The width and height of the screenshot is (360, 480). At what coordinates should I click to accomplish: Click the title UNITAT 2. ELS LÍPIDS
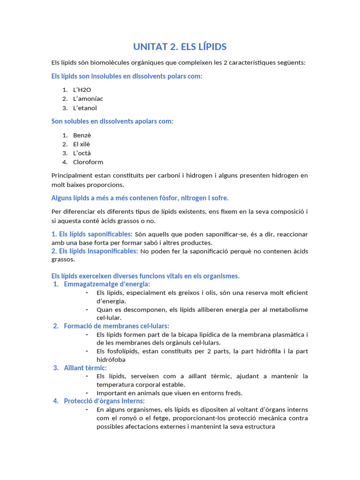(180, 46)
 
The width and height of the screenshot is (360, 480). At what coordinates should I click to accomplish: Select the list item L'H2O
(82, 90)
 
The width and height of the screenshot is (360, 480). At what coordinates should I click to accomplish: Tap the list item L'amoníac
(88, 98)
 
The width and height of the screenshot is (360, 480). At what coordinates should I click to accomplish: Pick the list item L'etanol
(85, 108)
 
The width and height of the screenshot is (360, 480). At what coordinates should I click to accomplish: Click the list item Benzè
(82, 135)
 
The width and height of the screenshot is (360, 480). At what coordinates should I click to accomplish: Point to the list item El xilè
(82, 144)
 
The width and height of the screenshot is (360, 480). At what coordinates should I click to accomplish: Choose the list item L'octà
(82, 153)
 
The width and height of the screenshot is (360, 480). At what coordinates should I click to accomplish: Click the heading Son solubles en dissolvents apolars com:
(112, 121)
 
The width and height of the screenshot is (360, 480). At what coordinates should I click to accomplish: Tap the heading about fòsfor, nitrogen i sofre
(140, 198)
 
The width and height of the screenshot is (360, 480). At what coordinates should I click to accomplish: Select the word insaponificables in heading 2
(116, 251)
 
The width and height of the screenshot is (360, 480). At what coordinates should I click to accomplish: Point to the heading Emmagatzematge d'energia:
(107, 284)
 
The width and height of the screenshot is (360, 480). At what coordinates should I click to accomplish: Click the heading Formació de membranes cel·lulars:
(116, 326)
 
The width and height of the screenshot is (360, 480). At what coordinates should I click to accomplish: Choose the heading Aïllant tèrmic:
(85, 368)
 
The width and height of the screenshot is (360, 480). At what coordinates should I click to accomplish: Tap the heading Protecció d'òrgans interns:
(104, 401)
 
